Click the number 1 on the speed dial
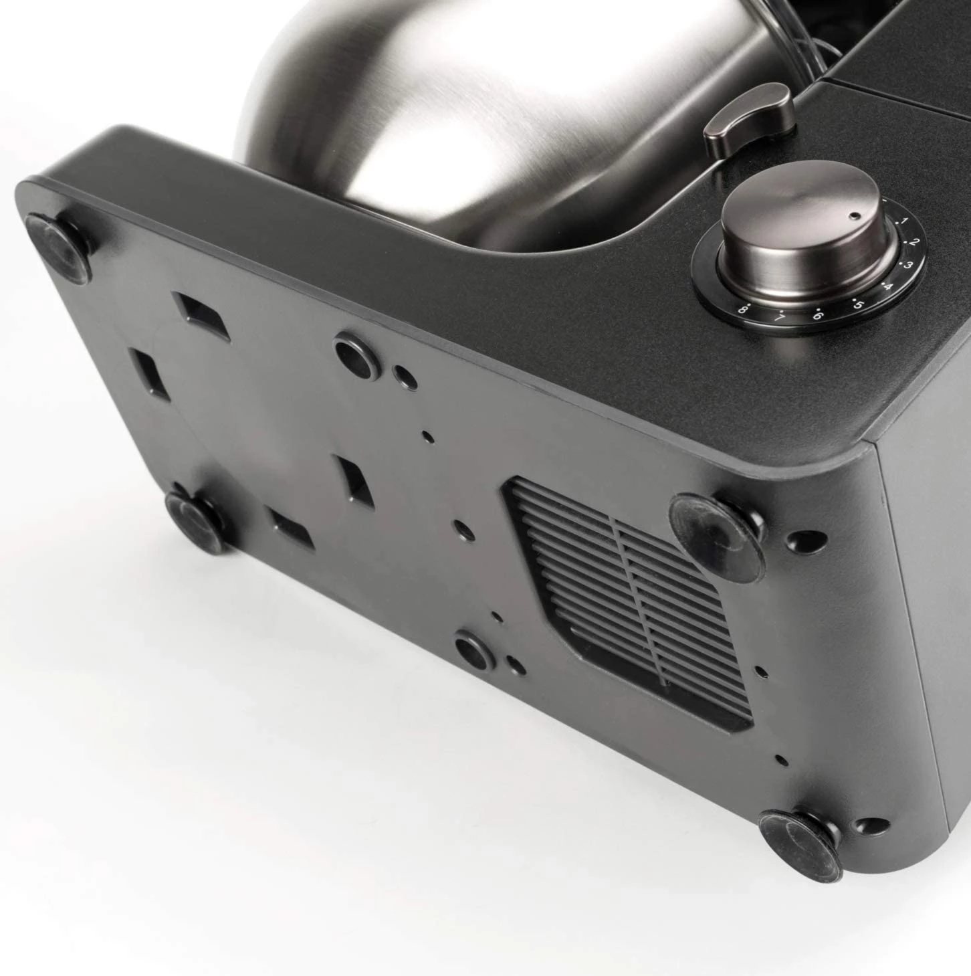905,221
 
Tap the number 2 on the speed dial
913,242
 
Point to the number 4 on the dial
889,287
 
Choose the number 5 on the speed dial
857,305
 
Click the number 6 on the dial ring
817,316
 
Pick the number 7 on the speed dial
780,318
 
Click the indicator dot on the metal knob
855,216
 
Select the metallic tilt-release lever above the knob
750,120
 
